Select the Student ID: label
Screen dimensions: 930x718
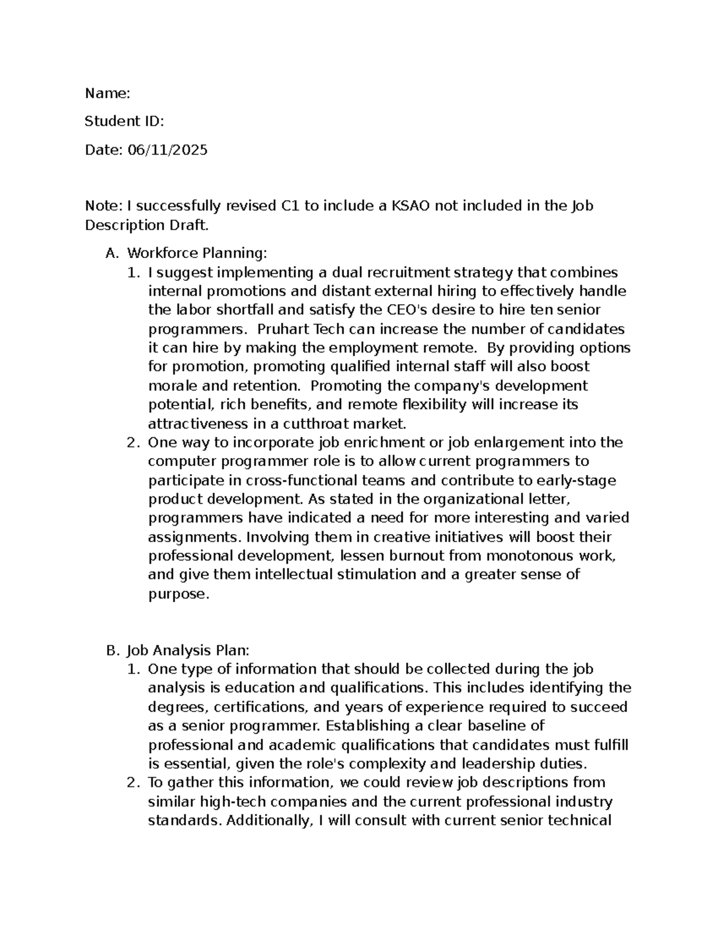click(124, 122)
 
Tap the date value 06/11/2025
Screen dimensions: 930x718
click(167, 150)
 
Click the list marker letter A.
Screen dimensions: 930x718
click(111, 253)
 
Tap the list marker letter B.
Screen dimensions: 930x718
click(111, 650)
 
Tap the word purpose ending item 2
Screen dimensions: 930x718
click(178, 594)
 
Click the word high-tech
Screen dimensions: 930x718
click(229, 802)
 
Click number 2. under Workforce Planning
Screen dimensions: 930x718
click(133, 443)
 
